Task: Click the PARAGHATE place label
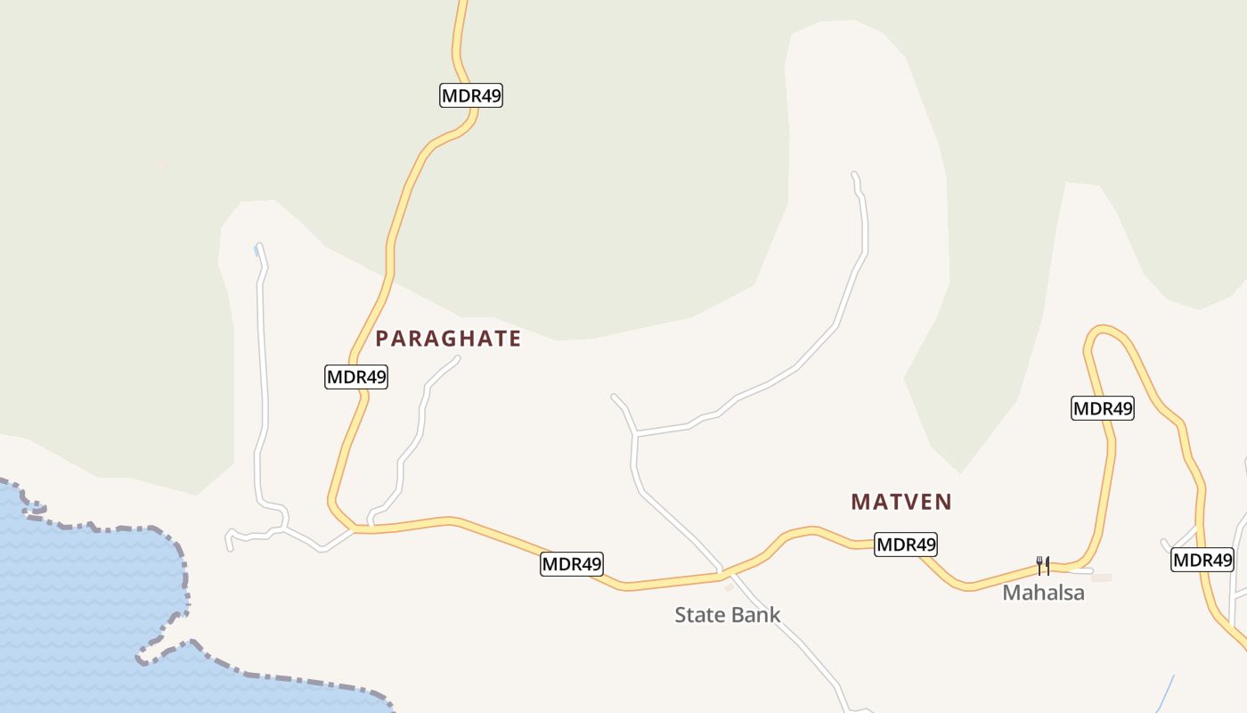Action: click(448, 339)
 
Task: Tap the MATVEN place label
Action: click(901, 502)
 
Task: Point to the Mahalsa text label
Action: click(1043, 593)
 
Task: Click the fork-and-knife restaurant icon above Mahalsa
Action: click(1042, 565)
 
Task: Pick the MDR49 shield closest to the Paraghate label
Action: click(356, 377)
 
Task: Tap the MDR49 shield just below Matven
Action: click(906, 544)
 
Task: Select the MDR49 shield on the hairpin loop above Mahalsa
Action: click(1102, 408)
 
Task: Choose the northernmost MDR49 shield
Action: click(471, 95)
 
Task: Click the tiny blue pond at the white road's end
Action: click(257, 251)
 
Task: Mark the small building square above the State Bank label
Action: click(729, 586)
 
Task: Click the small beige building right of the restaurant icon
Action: click(1102, 578)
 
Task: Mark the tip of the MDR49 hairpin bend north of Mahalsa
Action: click(1103, 327)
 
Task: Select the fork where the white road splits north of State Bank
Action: click(635, 434)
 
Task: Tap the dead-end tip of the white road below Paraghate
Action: click(458, 358)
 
